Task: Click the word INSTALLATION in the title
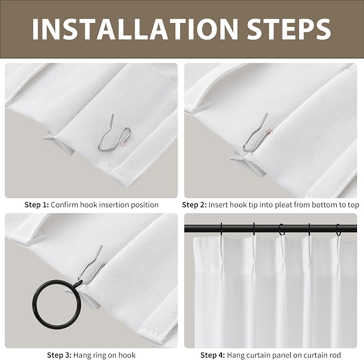point(135,29)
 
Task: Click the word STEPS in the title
point(288,29)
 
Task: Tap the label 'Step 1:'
point(36,205)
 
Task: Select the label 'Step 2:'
point(194,205)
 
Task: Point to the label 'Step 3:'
point(59,355)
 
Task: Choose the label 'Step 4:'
point(213,355)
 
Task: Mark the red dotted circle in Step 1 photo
point(124,143)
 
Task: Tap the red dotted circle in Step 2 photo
point(269,132)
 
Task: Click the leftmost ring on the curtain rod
point(221,229)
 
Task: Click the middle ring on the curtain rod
point(281,229)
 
